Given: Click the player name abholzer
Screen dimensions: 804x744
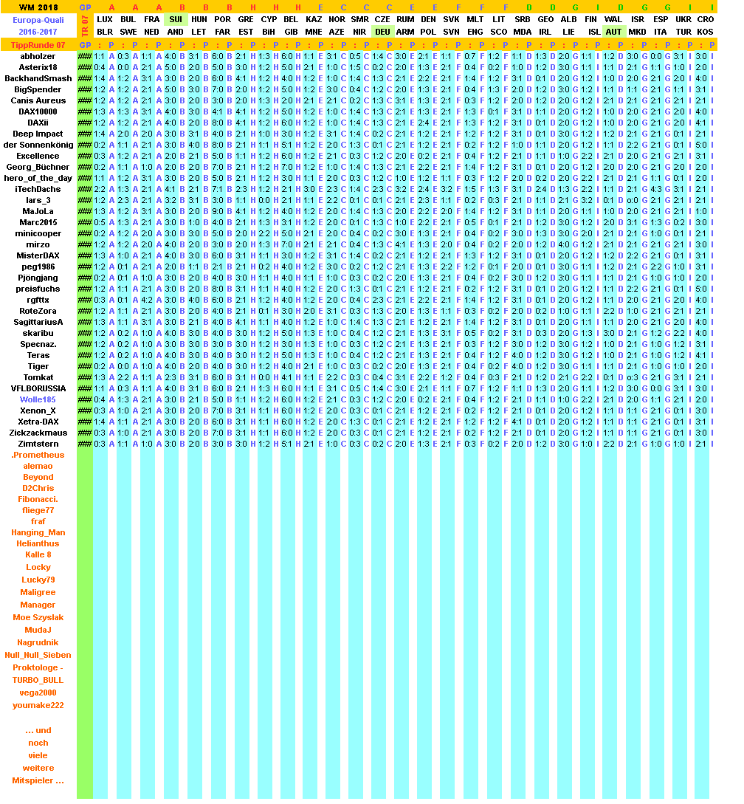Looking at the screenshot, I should [x=38, y=56].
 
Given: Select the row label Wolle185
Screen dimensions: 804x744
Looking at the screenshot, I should [x=38, y=399].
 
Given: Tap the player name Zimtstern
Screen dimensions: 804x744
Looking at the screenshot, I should [x=38, y=444].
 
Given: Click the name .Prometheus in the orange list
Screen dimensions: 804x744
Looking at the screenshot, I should [x=38, y=455].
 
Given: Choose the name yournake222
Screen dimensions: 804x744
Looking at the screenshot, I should [x=38, y=705].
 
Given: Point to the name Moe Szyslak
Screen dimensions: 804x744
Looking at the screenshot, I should [x=38, y=617].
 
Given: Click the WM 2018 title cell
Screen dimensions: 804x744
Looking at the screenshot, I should [x=38, y=7].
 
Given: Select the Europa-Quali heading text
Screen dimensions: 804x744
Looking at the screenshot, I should [x=38, y=20].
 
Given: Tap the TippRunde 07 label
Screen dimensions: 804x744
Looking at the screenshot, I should [x=38, y=45].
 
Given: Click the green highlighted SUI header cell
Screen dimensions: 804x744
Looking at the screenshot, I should [x=176, y=19].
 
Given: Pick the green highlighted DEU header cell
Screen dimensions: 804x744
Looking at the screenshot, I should [x=382, y=32].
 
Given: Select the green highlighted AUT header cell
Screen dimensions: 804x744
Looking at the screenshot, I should [x=613, y=32].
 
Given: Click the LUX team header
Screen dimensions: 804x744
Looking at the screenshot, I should [x=105, y=19].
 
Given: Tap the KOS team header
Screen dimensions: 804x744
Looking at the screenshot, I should [x=705, y=32].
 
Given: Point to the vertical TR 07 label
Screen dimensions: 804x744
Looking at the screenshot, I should [x=85, y=25].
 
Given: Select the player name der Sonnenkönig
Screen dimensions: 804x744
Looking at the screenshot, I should [x=38, y=145].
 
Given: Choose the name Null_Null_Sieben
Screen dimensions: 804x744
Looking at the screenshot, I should [x=38, y=655].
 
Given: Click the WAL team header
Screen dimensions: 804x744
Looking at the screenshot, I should [x=613, y=19].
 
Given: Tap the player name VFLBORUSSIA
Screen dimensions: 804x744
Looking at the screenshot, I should [x=38, y=388].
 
